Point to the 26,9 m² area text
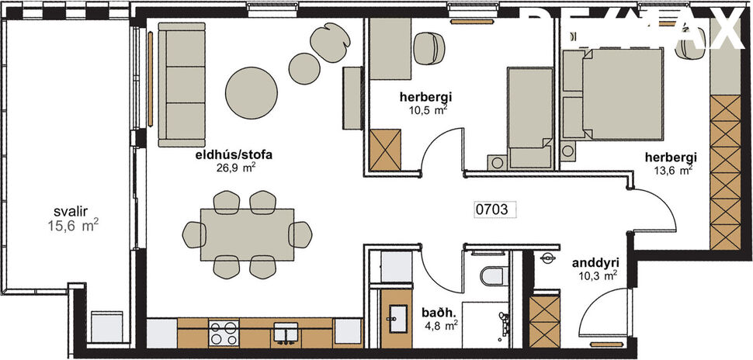point(236,166)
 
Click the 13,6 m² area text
point(673,170)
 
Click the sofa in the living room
point(182,83)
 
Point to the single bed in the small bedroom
point(529,116)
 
